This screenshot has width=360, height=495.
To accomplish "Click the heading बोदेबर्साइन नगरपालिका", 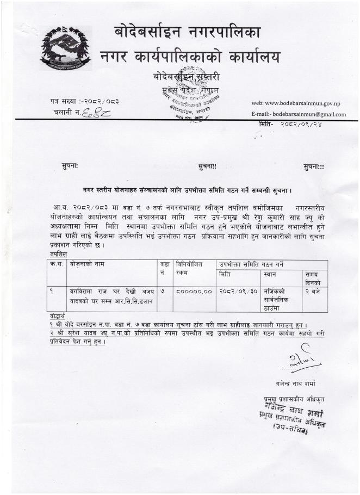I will pos(188,32).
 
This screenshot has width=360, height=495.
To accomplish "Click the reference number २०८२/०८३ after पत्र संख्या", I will pos(101,101).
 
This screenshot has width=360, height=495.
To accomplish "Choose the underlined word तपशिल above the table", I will pos(54,254).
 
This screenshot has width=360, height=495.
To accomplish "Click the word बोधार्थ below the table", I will pos(55,316).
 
